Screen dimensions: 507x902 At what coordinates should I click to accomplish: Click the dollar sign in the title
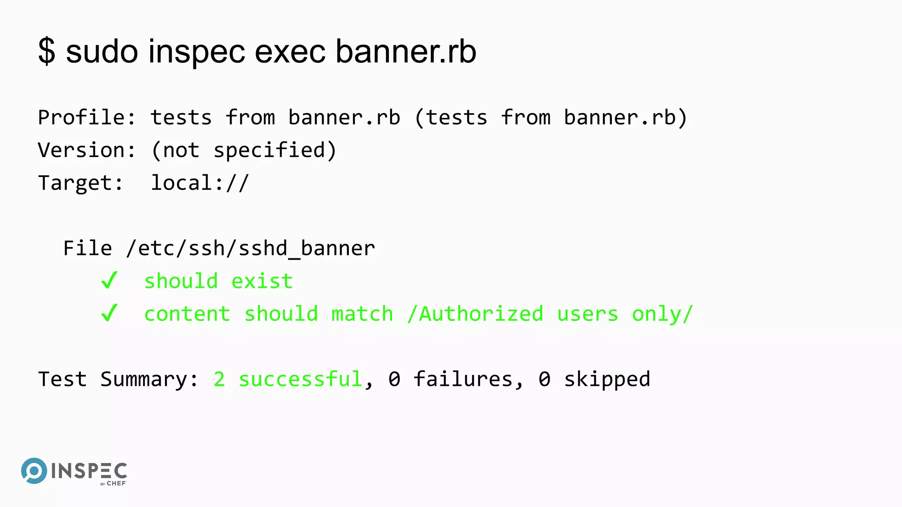click(x=47, y=52)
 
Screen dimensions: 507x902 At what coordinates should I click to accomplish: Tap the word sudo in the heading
click(x=102, y=52)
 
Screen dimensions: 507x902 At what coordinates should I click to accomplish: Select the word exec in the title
click(x=290, y=52)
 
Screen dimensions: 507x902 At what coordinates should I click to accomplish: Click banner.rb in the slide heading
click(x=406, y=52)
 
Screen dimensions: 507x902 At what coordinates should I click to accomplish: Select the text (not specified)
click(x=244, y=151)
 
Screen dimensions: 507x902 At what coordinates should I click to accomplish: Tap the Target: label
click(x=81, y=183)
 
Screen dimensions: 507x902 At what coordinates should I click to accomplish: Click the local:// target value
click(x=200, y=183)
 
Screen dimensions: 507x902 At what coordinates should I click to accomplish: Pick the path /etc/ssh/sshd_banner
click(x=250, y=249)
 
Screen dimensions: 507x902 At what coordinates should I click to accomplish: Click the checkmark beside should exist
click(x=109, y=280)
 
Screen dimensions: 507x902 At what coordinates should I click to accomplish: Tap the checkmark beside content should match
click(x=109, y=313)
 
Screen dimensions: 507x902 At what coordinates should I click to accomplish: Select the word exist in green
click(x=262, y=281)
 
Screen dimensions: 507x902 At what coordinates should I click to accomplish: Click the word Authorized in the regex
click(x=481, y=314)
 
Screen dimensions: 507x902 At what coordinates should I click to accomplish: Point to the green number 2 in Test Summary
click(x=219, y=379)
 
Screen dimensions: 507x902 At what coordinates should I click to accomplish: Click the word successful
click(x=300, y=379)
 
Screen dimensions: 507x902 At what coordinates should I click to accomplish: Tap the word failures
click(x=463, y=379)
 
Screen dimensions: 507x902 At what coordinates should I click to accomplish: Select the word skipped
click(x=607, y=379)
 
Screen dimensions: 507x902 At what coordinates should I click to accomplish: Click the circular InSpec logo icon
click(x=34, y=471)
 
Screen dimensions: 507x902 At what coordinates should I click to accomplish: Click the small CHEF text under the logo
click(x=116, y=483)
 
